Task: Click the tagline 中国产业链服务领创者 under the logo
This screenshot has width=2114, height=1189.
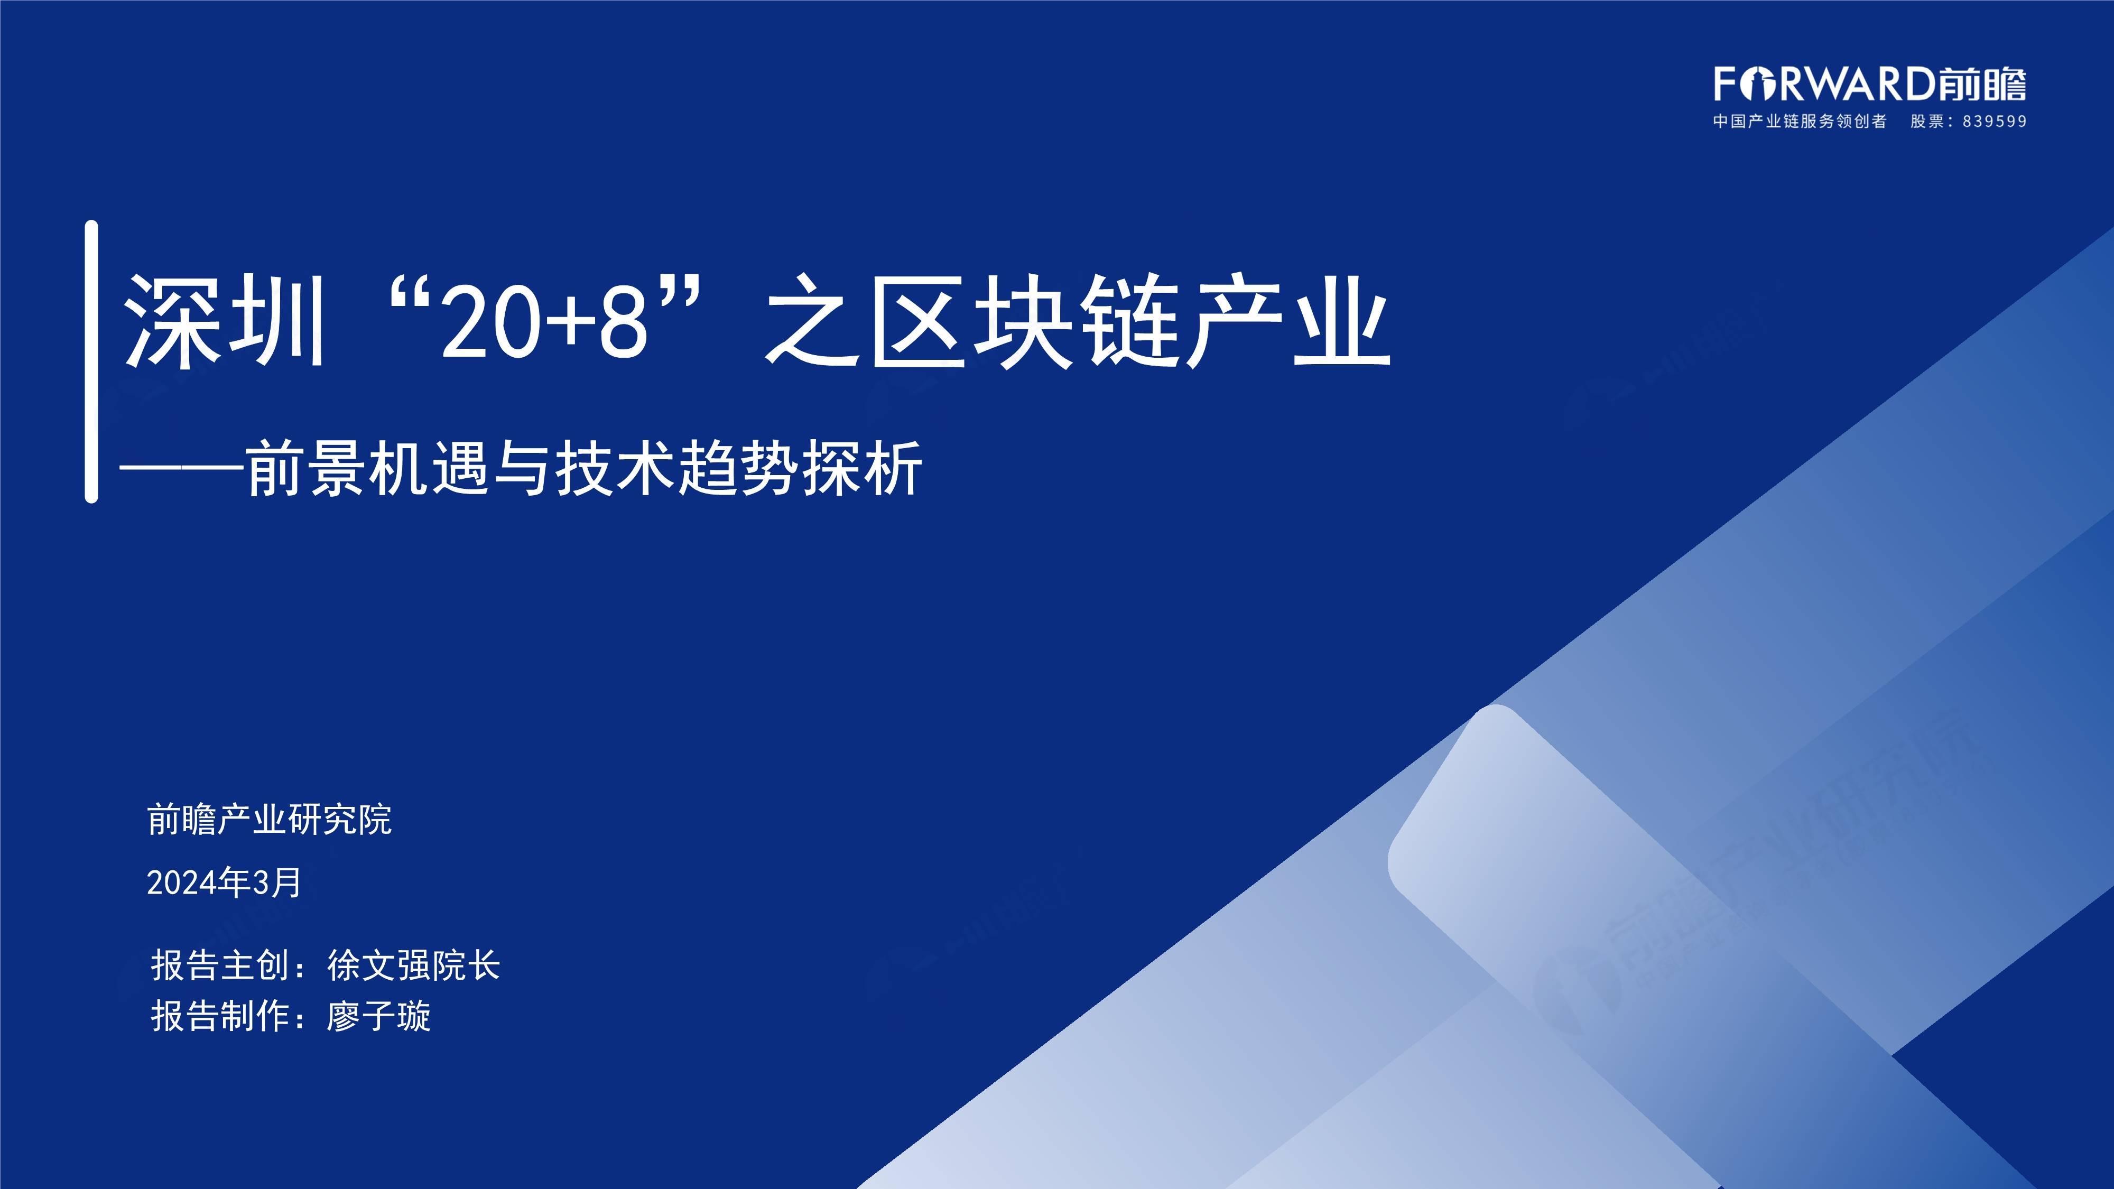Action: tap(1800, 122)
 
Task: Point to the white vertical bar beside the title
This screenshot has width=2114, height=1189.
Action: tap(91, 361)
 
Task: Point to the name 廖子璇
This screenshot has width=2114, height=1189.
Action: tap(378, 1016)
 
